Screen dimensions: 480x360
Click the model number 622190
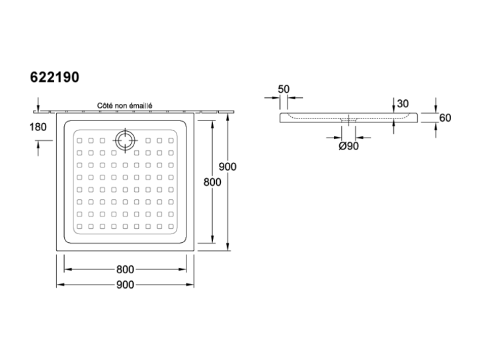coord(54,77)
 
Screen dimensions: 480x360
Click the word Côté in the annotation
coord(104,106)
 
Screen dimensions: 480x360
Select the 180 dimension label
coord(38,127)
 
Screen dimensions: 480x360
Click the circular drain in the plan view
coord(125,140)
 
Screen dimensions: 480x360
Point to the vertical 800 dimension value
coord(212,182)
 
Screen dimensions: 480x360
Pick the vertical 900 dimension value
coord(227,167)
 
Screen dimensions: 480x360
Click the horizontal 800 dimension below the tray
coord(125,269)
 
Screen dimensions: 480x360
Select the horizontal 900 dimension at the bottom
coord(125,285)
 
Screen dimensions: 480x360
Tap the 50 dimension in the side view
coord(284,89)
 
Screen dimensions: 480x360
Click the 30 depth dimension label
coord(403,104)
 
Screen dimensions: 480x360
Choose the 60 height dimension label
coord(445,118)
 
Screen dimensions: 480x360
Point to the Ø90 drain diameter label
coord(348,146)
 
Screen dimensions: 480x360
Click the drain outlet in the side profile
coord(348,120)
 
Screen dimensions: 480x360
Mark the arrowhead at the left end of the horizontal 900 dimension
coord(60,285)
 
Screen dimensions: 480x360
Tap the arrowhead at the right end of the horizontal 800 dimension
coord(182,269)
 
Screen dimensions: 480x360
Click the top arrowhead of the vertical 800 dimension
coord(212,124)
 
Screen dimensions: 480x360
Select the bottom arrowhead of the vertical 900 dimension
coord(227,247)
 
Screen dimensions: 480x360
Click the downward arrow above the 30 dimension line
coord(393,105)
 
